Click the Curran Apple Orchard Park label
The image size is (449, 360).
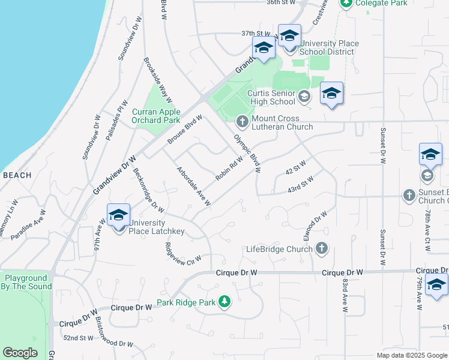click(x=156, y=116)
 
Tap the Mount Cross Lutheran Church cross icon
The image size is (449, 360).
click(x=243, y=122)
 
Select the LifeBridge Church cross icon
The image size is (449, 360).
click(x=322, y=248)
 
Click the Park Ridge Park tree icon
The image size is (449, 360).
click(x=224, y=301)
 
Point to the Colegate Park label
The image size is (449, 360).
click(x=381, y=3)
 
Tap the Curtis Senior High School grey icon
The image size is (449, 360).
click(x=304, y=96)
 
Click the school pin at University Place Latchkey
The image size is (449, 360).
click(x=119, y=216)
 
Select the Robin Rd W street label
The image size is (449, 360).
click(x=229, y=167)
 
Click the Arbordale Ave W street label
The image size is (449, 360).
click(x=193, y=186)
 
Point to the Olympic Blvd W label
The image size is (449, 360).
click(x=247, y=152)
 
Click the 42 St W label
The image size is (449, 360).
click(x=295, y=167)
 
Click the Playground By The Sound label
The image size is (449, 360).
click(x=26, y=283)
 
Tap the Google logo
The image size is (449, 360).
click(x=20, y=352)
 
